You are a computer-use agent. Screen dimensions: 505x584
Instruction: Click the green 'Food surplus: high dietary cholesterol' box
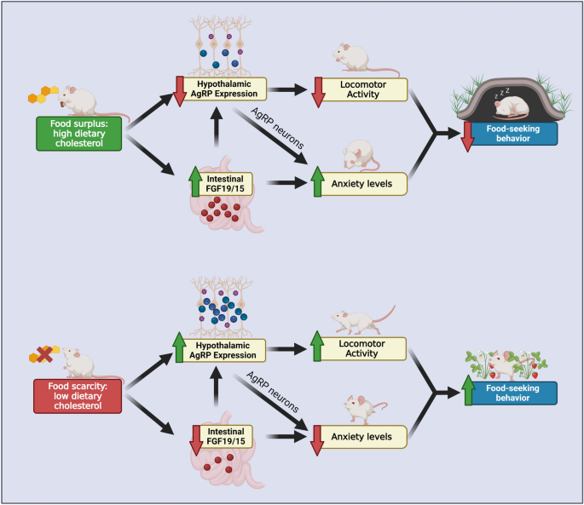tap(78, 134)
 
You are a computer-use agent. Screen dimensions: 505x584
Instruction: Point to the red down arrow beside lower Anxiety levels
tap(318, 436)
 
